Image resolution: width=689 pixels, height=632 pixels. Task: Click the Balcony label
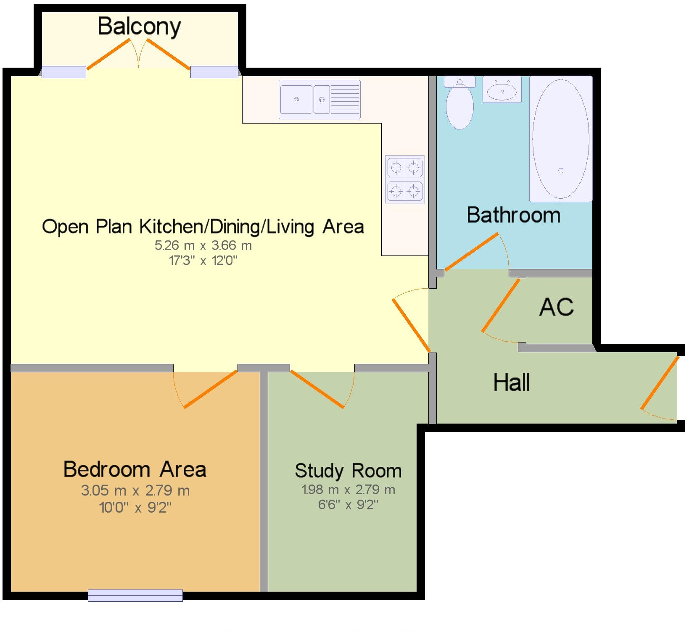pos(139,26)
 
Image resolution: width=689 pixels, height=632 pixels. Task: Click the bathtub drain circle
pos(560,171)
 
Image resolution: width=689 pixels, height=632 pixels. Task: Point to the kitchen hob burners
pos(405,179)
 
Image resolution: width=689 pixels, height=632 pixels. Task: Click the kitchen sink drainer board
pos(346,100)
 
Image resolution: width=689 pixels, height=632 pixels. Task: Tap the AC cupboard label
pos(556,307)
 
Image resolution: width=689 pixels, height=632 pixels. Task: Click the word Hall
pos(511,382)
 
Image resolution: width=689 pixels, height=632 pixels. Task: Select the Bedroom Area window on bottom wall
pos(135,595)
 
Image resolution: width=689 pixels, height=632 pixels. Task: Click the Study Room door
pos(317,389)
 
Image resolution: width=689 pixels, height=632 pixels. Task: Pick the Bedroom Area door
pos(211,389)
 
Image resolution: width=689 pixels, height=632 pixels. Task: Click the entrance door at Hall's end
pos(660,383)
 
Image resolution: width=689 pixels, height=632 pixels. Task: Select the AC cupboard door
pos(501,305)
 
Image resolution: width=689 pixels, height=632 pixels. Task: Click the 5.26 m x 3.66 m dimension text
pos(203,245)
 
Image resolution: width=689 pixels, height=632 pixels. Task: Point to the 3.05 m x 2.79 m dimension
pos(135,490)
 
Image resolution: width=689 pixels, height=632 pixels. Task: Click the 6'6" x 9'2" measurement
pos(348,505)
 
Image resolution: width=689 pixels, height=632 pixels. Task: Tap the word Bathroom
pos(513,215)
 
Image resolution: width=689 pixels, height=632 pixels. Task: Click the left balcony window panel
pos(64,72)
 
